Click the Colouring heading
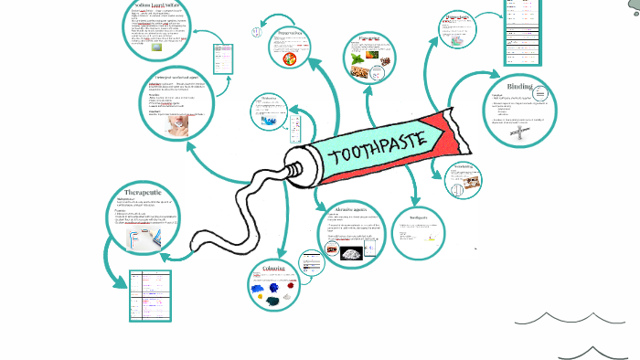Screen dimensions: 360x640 (x=273, y=269)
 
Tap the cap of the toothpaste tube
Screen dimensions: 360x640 (x=294, y=170)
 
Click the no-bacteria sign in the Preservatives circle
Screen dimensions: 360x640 (x=290, y=57)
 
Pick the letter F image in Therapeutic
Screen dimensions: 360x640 (x=138, y=238)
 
